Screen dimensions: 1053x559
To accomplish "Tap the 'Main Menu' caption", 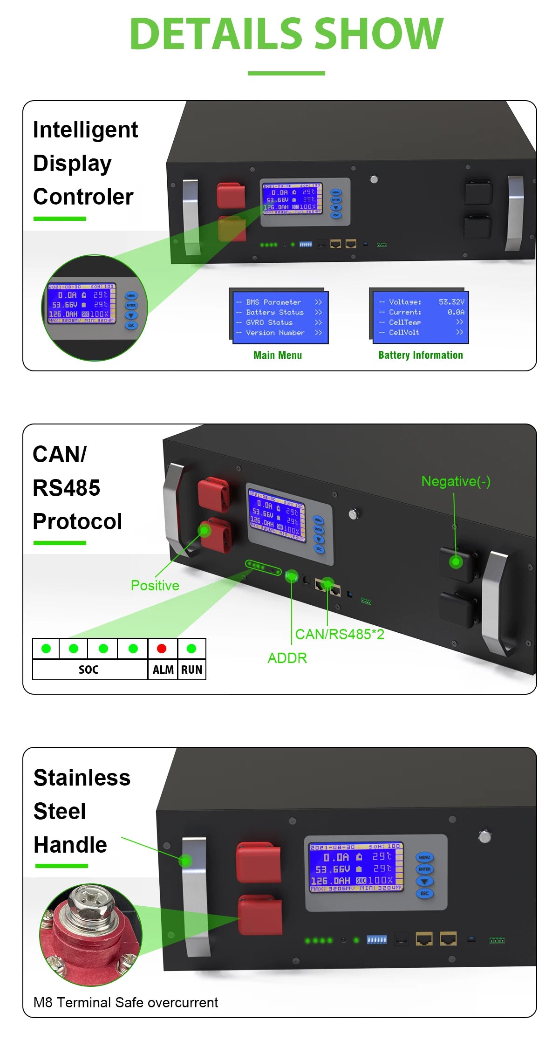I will (x=278, y=356).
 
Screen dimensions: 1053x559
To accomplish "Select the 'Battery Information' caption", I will (x=421, y=356).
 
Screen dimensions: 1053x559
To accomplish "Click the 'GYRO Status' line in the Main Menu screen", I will (x=269, y=322).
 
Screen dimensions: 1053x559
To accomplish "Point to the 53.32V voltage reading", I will (x=451, y=302).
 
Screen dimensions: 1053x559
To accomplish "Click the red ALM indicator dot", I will (x=162, y=649).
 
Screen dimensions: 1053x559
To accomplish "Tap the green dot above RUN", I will (x=191, y=649).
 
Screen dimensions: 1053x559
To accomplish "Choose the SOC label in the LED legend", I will (x=89, y=670).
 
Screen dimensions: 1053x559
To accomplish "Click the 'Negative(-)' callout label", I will (x=456, y=481).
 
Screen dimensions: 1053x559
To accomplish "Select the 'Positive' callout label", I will (x=155, y=586).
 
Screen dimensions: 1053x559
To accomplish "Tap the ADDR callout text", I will (x=287, y=658).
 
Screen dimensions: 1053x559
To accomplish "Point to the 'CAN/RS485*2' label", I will (x=340, y=635).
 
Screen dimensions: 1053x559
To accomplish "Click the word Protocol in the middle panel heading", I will (x=77, y=521).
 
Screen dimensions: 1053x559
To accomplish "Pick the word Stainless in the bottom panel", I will (x=82, y=778).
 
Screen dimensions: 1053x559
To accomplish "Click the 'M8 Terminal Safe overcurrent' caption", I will (x=125, y=1003).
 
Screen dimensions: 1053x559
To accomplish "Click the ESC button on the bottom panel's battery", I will (x=424, y=893).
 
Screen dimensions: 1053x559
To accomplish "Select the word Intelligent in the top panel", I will (x=85, y=130).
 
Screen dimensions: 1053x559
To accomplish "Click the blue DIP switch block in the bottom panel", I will (x=376, y=940).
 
